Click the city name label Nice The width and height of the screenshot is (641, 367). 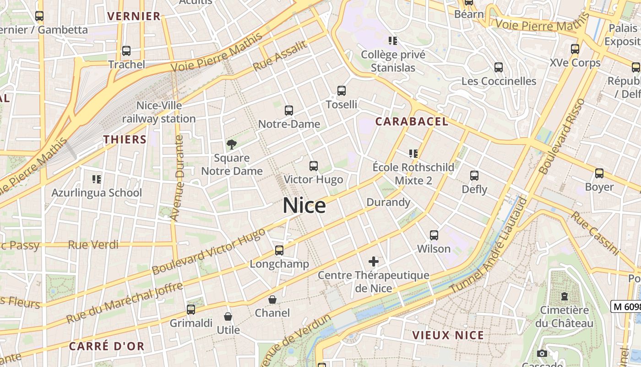[304, 206]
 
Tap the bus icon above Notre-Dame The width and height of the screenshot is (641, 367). [288, 111]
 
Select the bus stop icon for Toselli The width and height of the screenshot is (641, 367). [341, 91]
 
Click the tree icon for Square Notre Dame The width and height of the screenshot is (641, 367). [232, 145]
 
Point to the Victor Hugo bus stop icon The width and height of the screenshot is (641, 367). [313, 166]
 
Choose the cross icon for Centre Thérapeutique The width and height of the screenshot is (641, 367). [374, 261]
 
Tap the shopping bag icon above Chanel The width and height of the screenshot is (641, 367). [272, 300]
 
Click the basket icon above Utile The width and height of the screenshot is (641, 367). [228, 317]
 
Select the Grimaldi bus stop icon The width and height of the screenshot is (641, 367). [191, 310]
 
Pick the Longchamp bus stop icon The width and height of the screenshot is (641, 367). [279, 250]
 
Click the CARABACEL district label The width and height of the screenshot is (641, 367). [412, 122]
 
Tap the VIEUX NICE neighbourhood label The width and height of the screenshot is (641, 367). [448, 335]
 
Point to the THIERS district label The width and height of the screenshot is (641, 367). [125, 139]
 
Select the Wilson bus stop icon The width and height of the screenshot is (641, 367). [434, 235]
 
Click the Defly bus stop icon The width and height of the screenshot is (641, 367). [474, 176]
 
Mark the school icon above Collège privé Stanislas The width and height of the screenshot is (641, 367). [393, 41]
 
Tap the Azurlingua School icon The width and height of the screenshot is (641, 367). [96, 179]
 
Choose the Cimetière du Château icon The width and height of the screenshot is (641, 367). [564, 296]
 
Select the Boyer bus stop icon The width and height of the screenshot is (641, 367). [599, 173]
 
